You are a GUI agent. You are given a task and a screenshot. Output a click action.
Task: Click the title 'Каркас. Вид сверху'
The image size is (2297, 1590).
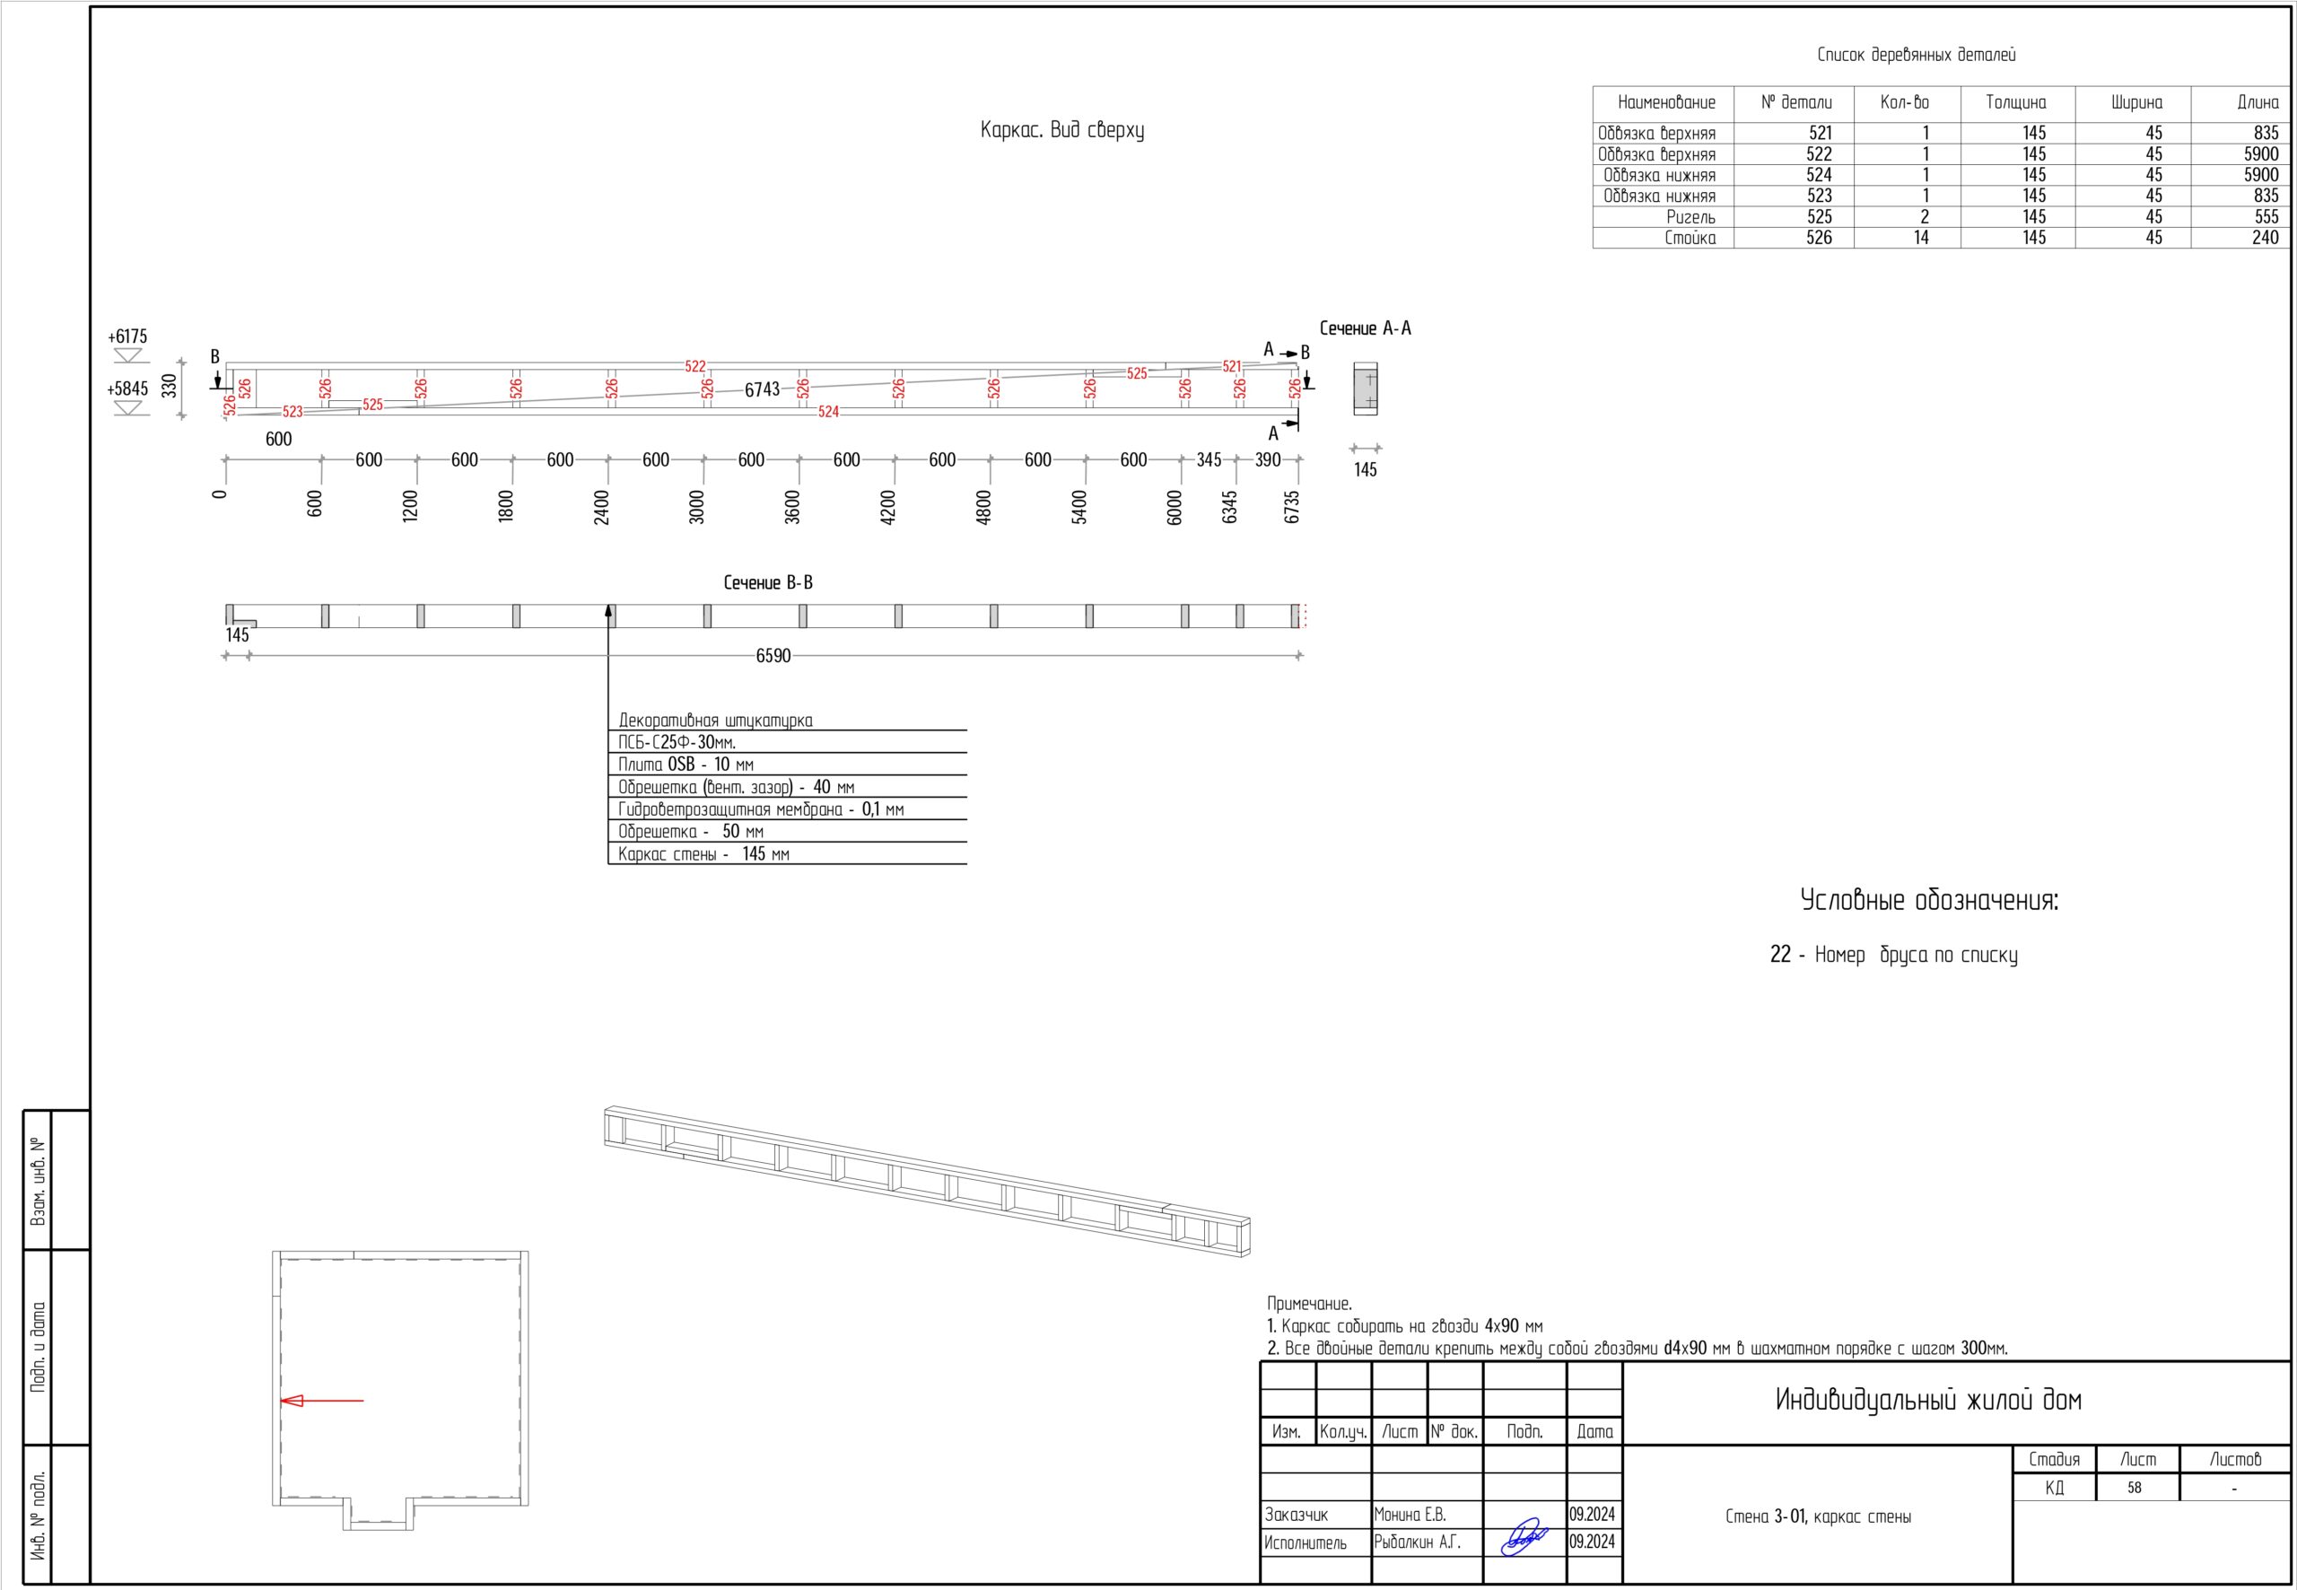(1061, 130)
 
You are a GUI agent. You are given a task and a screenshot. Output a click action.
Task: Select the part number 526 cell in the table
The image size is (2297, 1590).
(1819, 238)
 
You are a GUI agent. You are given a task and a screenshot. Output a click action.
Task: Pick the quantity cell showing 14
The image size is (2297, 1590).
(1920, 238)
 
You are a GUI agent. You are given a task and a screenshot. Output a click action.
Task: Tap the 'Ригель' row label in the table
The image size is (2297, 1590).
(1690, 217)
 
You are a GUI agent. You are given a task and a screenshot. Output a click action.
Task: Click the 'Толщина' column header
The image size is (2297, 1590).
(2016, 102)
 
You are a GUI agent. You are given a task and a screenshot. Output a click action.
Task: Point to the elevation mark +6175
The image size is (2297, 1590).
(128, 336)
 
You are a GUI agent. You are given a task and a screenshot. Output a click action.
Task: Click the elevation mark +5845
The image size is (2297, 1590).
(127, 389)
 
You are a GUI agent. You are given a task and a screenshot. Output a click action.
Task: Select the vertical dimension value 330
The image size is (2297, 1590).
(170, 386)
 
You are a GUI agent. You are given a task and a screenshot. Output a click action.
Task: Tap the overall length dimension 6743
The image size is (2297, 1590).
(762, 389)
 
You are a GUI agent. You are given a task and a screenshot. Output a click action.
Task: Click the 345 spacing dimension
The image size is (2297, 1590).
(1209, 460)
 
